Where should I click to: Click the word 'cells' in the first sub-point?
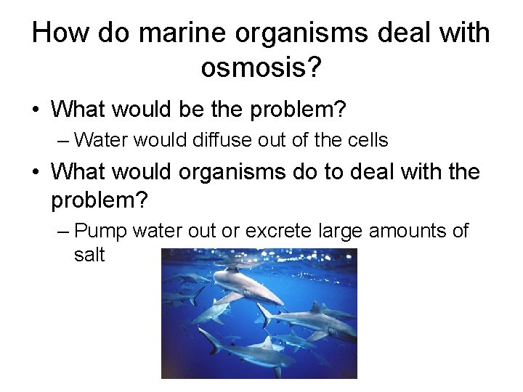tap(370, 139)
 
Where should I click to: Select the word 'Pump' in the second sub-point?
tap(99, 232)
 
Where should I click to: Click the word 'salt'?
tap(89, 255)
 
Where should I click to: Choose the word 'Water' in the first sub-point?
tap(100, 139)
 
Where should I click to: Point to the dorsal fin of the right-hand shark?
tap(315, 309)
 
